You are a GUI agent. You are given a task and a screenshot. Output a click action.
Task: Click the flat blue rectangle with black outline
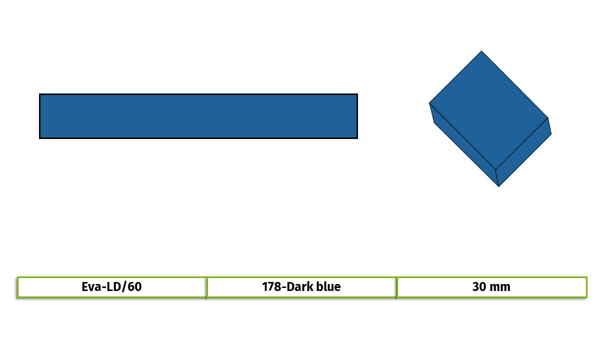[x=198, y=116]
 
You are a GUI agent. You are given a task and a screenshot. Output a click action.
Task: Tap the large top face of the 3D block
[x=488, y=110]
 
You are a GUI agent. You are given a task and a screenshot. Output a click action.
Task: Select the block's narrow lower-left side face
[x=464, y=144]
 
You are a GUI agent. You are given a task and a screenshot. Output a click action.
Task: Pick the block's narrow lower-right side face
[x=523, y=152]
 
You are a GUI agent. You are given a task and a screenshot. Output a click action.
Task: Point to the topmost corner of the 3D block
[x=481, y=51]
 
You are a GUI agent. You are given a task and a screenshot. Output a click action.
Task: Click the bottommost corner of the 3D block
[x=499, y=186]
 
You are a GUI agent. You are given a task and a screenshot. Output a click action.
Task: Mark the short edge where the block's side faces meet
[x=497, y=178]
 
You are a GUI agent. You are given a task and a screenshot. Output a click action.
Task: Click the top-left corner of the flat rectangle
[x=39, y=94]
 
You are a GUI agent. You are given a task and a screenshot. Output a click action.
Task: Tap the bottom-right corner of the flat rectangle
[x=357, y=138]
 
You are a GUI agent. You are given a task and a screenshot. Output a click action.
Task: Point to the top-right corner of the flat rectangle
[x=357, y=94]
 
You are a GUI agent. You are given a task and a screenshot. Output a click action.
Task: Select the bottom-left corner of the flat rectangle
[x=39, y=138]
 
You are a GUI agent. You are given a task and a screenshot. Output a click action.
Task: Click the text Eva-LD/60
[x=111, y=287]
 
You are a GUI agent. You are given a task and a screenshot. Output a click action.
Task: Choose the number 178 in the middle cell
[x=271, y=287]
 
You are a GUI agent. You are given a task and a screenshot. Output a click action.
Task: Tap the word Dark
[x=299, y=287]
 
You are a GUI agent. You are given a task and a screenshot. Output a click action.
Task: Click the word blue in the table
[x=328, y=287]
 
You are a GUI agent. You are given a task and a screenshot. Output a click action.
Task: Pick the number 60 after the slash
[x=134, y=287]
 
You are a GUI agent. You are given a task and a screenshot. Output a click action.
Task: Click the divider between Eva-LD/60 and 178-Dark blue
[x=207, y=287]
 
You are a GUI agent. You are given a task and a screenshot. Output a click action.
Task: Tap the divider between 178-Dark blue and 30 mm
[x=396, y=287]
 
